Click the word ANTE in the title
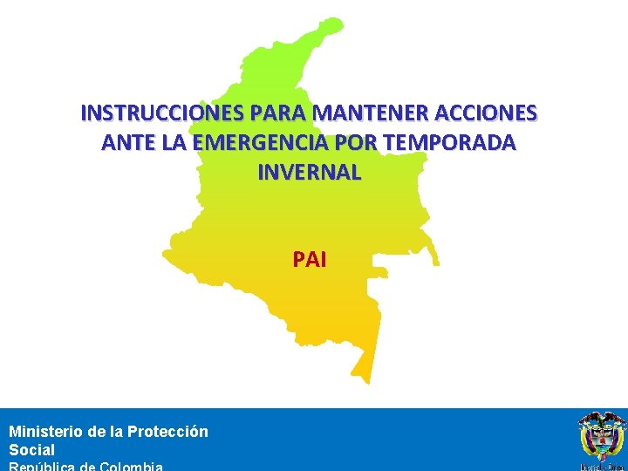(x=127, y=143)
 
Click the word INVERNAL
(x=309, y=173)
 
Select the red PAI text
(x=310, y=259)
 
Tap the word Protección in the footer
(x=167, y=431)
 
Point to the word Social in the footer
(x=31, y=450)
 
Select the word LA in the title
(x=193, y=143)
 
